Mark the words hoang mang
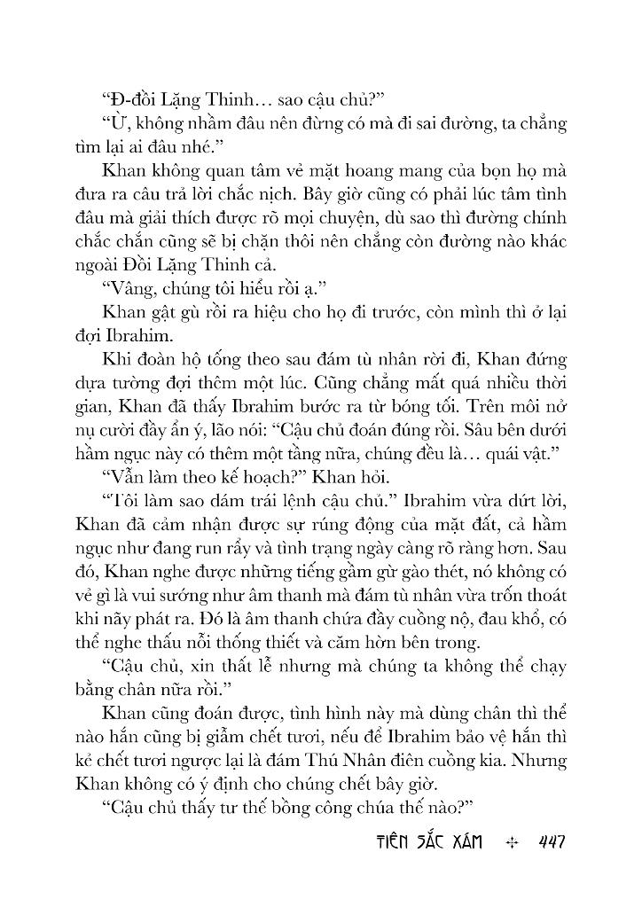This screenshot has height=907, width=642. click(346, 168)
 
